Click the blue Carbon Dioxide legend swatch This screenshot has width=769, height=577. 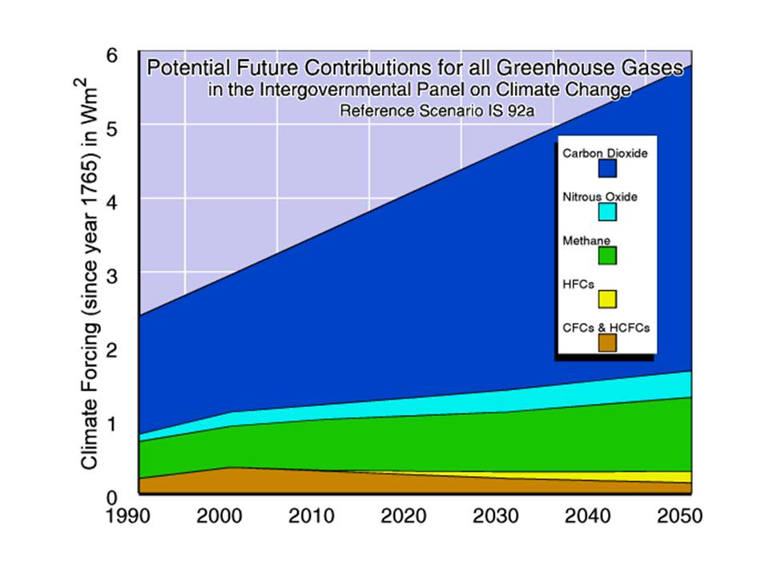[x=606, y=167]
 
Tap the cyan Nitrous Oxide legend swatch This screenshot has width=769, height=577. [x=606, y=212]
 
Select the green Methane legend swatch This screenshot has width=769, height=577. [x=606, y=256]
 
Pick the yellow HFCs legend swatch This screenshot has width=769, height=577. [x=606, y=299]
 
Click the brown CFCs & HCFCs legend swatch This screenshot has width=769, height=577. [x=606, y=342]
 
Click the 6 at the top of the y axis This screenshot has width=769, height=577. [x=113, y=54]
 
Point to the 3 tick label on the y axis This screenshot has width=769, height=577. [x=113, y=273]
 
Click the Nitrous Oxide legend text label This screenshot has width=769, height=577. [x=599, y=196]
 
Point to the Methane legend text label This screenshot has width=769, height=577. [x=586, y=240]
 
